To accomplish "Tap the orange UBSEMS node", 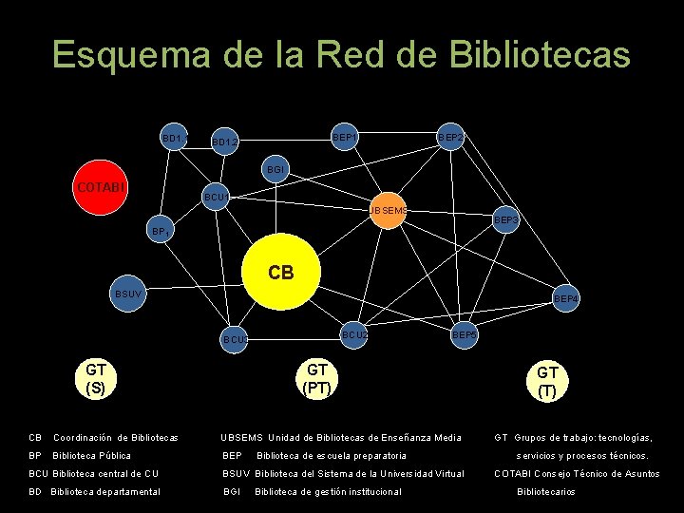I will (x=388, y=210).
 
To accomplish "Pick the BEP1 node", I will (x=345, y=139).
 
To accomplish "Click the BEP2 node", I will (x=451, y=139).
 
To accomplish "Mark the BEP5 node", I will (x=465, y=334).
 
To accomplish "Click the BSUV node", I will (x=128, y=294).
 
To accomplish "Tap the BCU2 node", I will (x=355, y=334).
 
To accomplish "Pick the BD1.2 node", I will (x=225, y=142).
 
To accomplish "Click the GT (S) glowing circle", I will (x=95, y=378).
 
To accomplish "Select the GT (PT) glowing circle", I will (x=316, y=378).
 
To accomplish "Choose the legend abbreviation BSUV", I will (x=237, y=473).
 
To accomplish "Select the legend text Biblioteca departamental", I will (x=105, y=491).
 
